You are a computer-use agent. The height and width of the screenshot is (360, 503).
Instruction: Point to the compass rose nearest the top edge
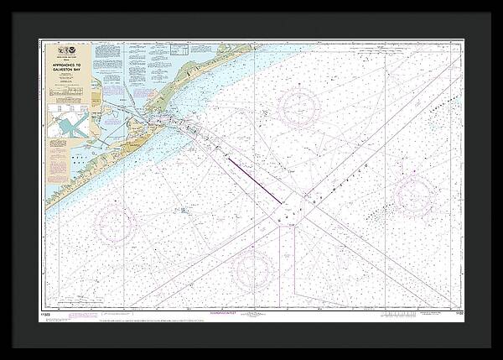click(298, 107)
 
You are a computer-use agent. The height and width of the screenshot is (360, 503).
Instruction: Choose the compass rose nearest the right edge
click(413, 195)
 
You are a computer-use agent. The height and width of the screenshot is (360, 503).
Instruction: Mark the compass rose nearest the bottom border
click(253, 270)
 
